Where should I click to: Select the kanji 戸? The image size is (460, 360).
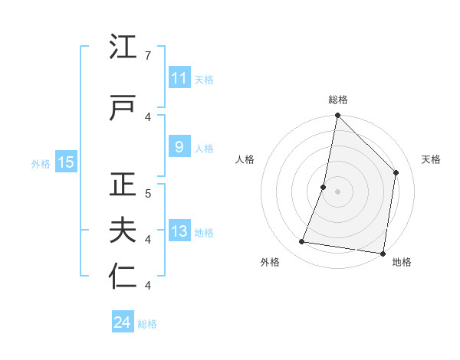tap(123, 109)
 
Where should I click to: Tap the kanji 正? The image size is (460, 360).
tap(123, 185)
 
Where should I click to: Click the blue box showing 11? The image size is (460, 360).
tap(179, 78)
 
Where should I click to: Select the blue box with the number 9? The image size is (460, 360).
tap(179, 148)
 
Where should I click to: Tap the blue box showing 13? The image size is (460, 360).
tap(179, 232)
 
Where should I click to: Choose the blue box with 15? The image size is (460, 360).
tap(65, 162)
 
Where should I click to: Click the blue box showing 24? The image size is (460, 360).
tap(122, 322)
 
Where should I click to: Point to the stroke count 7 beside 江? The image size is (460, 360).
tap(147, 56)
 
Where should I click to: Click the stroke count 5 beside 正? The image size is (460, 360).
tap(147, 193)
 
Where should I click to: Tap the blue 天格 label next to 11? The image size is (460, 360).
tap(204, 79)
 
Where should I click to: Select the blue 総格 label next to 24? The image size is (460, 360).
tap(147, 324)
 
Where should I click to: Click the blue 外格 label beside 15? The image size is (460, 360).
tap(41, 163)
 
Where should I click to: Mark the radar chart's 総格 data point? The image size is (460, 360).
tap(337, 116)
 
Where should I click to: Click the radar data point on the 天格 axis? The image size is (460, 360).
tap(396, 172)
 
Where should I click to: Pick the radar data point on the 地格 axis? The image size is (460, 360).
tap(383, 254)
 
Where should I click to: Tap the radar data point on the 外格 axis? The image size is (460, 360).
tap(302, 242)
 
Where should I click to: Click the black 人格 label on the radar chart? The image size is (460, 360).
tap(245, 159)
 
